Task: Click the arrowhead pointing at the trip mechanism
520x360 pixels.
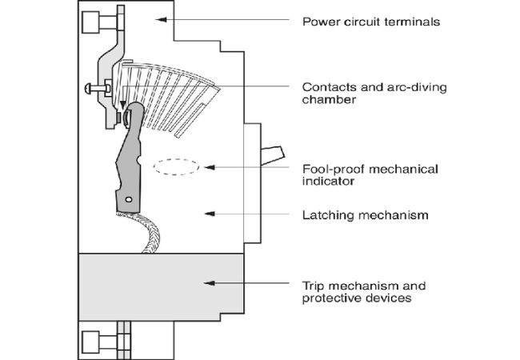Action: coord(207,282)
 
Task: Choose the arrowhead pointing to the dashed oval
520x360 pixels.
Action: coord(207,167)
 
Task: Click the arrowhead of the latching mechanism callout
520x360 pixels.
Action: coord(207,212)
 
